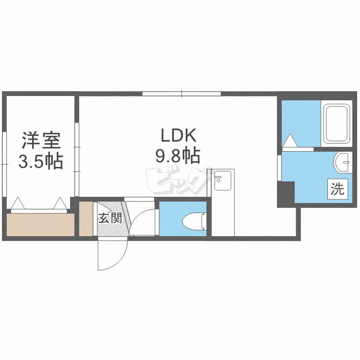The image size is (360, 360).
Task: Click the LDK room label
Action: point(176,136)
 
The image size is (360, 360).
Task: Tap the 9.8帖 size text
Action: point(177,156)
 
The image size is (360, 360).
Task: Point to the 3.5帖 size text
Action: point(40,162)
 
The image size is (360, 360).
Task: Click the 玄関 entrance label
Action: point(109,218)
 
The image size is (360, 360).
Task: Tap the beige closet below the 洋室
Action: point(40,225)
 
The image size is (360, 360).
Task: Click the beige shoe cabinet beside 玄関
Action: point(86,219)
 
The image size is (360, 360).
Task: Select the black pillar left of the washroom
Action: point(286,194)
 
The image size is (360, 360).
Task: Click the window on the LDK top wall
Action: point(181,93)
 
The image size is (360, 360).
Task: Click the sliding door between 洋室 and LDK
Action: point(77,158)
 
